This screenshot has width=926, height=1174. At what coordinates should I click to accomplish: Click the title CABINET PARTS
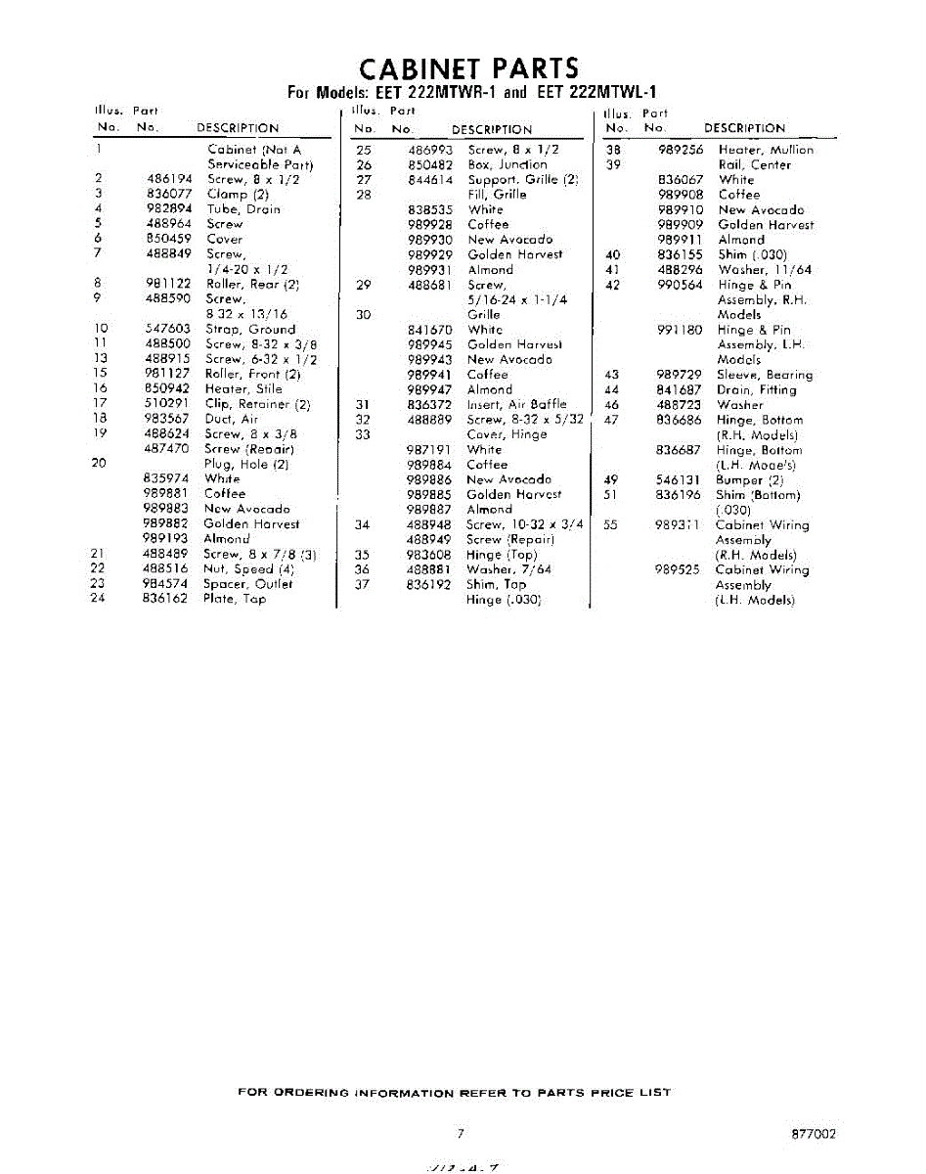coord(468,69)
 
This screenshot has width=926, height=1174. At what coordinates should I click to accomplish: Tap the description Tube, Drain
coord(243,209)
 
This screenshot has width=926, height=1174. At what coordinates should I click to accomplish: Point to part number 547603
coord(166,330)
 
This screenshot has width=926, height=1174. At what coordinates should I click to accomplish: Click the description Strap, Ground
coord(249,330)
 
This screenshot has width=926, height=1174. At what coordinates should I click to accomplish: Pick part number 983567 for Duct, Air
coord(166,419)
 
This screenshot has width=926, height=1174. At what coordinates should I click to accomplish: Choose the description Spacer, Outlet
coord(247,584)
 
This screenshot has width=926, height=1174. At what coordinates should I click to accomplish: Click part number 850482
coord(430,165)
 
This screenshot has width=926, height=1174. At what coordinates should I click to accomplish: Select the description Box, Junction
coord(507,165)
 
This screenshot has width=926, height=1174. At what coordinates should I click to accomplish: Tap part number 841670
coord(430,331)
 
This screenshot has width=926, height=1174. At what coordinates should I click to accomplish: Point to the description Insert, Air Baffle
coord(516,404)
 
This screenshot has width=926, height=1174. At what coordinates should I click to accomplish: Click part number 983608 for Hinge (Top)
coord(430,555)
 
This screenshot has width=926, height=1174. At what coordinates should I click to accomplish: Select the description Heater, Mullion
coord(765,151)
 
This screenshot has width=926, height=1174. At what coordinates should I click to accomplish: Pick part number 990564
coord(680,285)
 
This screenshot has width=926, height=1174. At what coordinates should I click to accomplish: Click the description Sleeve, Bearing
coord(764,375)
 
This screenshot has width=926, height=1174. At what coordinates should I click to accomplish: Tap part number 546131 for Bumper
coord(678,480)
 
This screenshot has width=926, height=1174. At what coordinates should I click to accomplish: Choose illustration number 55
coord(612,525)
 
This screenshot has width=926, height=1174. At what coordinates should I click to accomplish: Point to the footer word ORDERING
coord(308,1093)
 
